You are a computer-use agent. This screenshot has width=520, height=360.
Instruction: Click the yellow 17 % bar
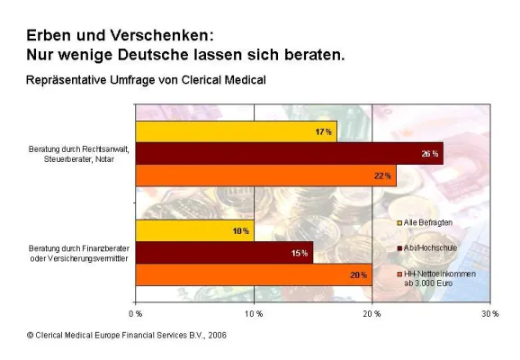[x=236, y=132]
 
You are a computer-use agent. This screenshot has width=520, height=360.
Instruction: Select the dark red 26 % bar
[x=288, y=154]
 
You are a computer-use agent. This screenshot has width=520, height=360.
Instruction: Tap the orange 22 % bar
[x=265, y=175]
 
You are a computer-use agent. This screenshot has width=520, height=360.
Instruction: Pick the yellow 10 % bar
[x=194, y=231]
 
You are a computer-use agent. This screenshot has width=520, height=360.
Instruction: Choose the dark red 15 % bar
[x=224, y=253]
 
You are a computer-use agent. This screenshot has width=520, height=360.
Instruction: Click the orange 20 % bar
[x=253, y=274]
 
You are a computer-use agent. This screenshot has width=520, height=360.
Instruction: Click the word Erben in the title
[x=49, y=35]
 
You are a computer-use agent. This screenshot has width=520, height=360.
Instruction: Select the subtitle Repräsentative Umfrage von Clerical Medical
[x=146, y=80]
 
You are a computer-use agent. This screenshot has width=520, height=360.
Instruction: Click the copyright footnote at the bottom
[x=127, y=336]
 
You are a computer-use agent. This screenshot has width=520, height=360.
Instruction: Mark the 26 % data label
[x=429, y=154]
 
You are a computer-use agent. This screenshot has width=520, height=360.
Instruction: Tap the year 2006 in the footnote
[x=216, y=336]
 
